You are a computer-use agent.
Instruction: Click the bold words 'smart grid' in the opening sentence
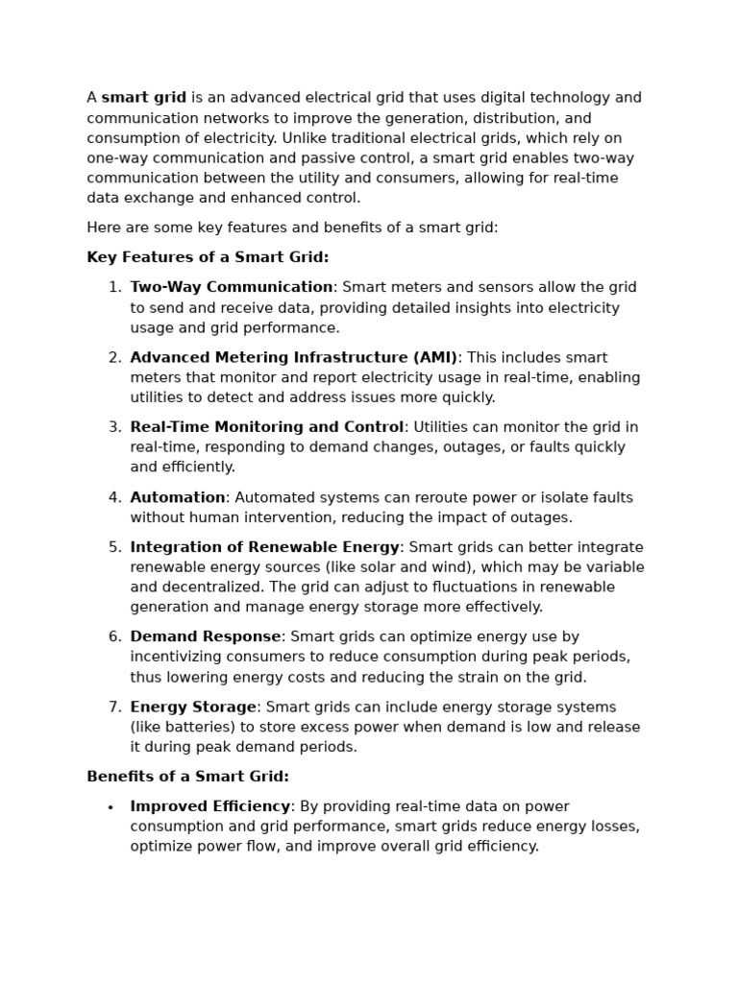[144, 98]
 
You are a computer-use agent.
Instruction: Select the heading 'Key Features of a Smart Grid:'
[208, 257]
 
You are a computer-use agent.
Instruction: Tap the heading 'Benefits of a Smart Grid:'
[187, 777]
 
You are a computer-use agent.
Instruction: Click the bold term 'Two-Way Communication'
[232, 287]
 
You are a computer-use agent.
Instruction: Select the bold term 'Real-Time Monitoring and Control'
[267, 427]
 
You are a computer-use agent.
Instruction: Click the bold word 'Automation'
[178, 497]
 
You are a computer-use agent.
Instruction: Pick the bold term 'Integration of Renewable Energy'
[264, 547]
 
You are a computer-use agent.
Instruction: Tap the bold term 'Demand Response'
[206, 636]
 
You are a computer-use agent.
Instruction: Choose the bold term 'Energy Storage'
[193, 707]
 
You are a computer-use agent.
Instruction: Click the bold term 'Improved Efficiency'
[210, 806]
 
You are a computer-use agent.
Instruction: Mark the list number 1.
[114, 287]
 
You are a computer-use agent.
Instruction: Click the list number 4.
[114, 497]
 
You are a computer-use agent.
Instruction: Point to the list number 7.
[114, 707]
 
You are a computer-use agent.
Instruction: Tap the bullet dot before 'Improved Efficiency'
[111, 808]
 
